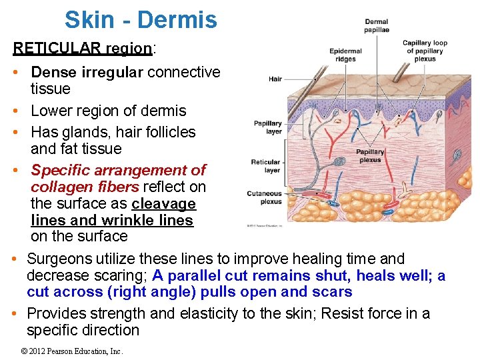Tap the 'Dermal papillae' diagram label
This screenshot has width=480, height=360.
click(x=377, y=26)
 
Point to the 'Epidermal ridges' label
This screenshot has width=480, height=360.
click(x=345, y=55)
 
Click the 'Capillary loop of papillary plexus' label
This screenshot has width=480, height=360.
click(x=425, y=51)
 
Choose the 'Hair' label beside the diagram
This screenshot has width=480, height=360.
click(x=275, y=79)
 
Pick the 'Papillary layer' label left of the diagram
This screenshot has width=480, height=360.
click(x=267, y=127)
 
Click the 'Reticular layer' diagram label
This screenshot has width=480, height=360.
click(x=265, y=166)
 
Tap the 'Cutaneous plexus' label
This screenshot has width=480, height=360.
click(x=265, y=197)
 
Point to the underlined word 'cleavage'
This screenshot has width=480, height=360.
click(x=163, y=203)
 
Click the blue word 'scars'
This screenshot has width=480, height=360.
click(x=331, y=292)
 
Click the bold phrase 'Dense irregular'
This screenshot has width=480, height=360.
click(x=87, y=72)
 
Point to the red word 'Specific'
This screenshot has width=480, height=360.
click(x=60, y=170)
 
